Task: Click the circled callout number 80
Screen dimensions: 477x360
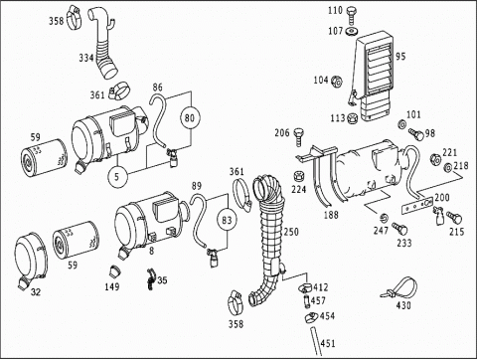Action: click(190, 118)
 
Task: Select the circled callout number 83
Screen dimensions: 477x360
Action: click(227, 220)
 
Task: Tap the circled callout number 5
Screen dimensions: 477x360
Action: click(116, 176)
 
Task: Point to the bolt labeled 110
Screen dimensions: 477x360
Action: click(352, 15)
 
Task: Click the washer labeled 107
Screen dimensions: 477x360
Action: click(351, 32)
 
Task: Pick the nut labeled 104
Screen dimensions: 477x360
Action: click(336, 81)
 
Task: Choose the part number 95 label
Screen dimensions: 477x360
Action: click(400, 57)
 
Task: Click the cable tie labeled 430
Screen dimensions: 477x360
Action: click(399, 289)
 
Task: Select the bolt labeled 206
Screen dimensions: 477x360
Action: click(299, 136)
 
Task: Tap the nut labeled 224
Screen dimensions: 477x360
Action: click(299, 176)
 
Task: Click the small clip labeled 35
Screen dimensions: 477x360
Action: click(151, 279)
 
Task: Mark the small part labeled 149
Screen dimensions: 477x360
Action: click(115, 271)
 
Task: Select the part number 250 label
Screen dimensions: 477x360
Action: click(291, 232)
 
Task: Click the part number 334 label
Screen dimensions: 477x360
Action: click(86, 58)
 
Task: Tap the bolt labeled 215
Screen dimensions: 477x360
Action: click(454, 218)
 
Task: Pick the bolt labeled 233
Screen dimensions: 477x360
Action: click(400, 229)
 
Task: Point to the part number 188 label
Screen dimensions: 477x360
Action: click(331, 215)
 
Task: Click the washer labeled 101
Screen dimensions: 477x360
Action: click(401, 124)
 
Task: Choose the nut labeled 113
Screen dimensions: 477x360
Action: click(353, 117)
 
